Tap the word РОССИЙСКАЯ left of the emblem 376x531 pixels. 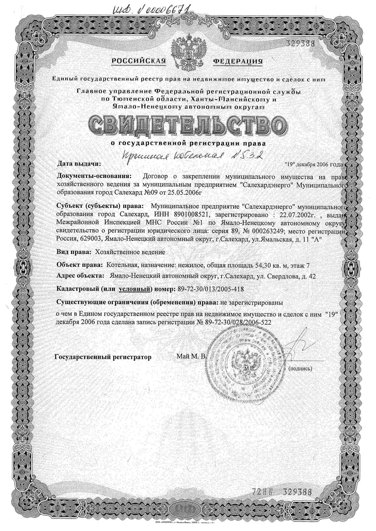point(138,61)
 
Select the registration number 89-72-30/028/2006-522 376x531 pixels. point(237,322)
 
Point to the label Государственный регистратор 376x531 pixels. point(103,357)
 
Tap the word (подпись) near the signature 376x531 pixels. point(300,369)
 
